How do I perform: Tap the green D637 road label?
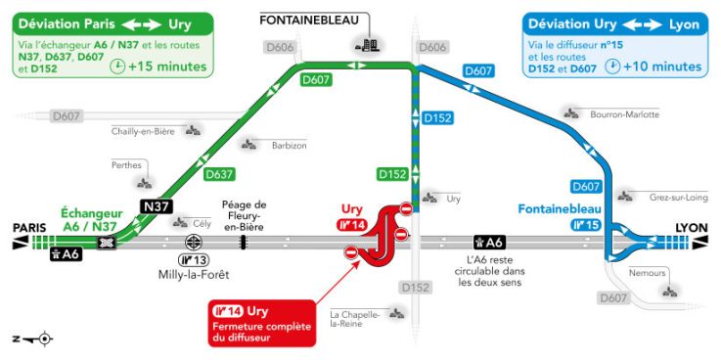(x=220, y=175)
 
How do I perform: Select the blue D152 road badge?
(x=437, y=118)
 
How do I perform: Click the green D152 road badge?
(x=391, y=174)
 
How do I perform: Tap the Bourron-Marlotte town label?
(x=624, y=114)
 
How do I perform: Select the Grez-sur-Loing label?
(x=680, y=197)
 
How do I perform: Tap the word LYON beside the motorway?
(x=691, y=228)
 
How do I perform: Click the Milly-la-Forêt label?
(x=193, y=275)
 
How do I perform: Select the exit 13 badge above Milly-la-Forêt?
(x=193, y=259)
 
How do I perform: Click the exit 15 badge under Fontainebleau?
(x=584, y=225)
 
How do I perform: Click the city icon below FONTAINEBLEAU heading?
(x=369, y=44)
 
